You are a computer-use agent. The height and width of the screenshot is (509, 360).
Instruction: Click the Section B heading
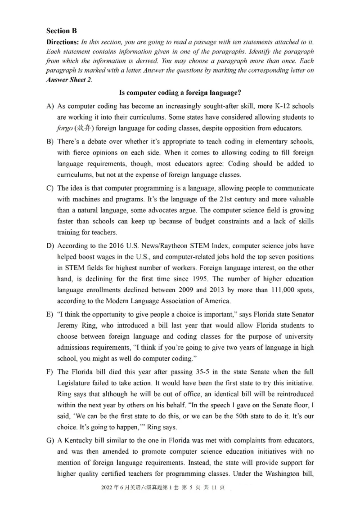(62, 31)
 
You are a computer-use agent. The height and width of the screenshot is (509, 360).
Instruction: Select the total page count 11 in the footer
(207, 500)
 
